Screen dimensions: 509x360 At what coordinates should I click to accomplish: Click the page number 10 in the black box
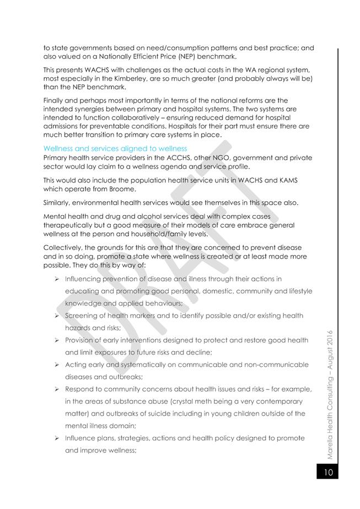(327, 473)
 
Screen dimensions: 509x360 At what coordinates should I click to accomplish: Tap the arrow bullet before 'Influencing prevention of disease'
(57, 280)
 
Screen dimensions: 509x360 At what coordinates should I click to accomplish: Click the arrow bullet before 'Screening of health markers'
(57, 316)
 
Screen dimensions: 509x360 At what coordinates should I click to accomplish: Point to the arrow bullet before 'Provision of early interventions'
(57, 340)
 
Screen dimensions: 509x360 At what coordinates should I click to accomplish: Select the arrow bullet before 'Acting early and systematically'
(57, 365)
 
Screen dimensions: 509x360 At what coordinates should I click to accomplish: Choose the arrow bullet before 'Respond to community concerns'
(57, 389)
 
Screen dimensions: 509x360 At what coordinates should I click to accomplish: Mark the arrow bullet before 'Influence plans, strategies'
(57, 438)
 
